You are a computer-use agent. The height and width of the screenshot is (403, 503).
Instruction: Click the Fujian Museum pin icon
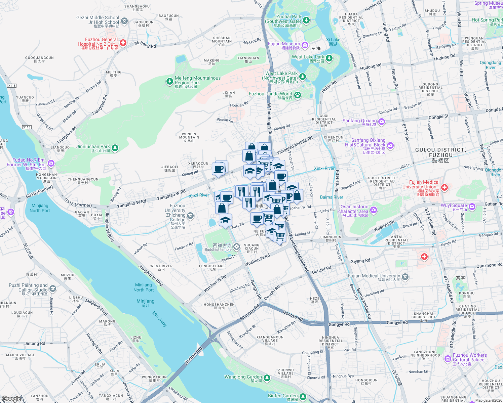pyautogui.click(x=305, y=45)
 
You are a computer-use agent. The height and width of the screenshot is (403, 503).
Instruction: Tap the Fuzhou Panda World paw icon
pyautogui.click(x=298, y=95)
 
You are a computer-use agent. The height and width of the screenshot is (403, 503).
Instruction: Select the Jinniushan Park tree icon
pyautogui.click(x=115, y=148)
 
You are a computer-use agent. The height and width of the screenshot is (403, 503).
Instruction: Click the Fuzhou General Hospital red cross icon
pyautogui.click(x=123, y=43)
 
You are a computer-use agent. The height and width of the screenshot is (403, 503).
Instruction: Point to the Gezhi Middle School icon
pyautogui.click(x=125, y=21)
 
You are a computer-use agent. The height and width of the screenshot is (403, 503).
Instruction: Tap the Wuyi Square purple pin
pyautogui.click(x=472, y=206)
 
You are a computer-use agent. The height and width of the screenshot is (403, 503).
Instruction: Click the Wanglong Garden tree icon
pyautogui.click(x=267, y=378)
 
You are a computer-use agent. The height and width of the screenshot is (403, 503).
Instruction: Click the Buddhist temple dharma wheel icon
pyautogui.click(x=237, y=247)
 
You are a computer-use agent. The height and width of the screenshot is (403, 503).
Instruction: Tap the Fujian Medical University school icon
pyautogui.click(x=405, y=277)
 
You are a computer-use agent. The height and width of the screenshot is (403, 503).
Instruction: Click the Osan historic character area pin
pyautogui.click(x=374, y=210)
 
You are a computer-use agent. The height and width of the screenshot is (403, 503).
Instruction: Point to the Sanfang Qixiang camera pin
pyautogui.click(x=382, y=122)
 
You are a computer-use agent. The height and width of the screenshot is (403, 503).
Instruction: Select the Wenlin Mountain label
pyautogui.click(x=189, y=137)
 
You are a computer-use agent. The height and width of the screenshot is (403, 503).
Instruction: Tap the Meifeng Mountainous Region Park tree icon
pyautogui.click(x=170, y=82)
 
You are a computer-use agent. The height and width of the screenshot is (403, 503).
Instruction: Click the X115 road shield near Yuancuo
pyautogui.click(x=12, y=86)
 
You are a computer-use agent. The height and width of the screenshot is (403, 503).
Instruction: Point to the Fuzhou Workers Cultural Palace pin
pyautogui.click(x=448, y=359)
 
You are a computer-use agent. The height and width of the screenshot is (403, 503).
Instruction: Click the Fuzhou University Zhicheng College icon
pyautogui.click(x=191, y=216)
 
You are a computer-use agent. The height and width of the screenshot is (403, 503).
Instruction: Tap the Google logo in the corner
pyautogui.click(x=11, y=399)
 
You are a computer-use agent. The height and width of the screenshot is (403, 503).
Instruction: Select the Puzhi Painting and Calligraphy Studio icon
pyautogui.click(x=53, y=288)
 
